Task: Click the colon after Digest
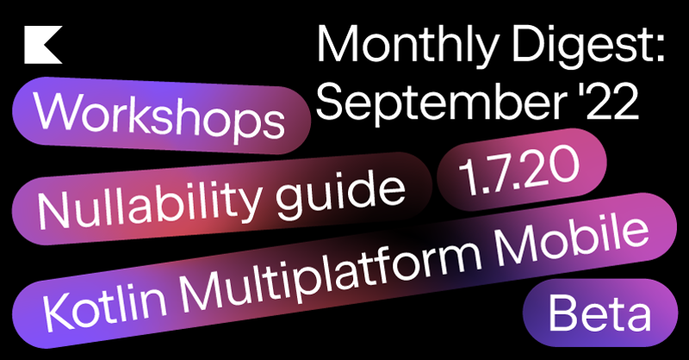click(658, 49)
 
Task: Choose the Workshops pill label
click(159, 115)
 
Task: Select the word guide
click(340, 189)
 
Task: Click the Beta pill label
click(599, 313)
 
